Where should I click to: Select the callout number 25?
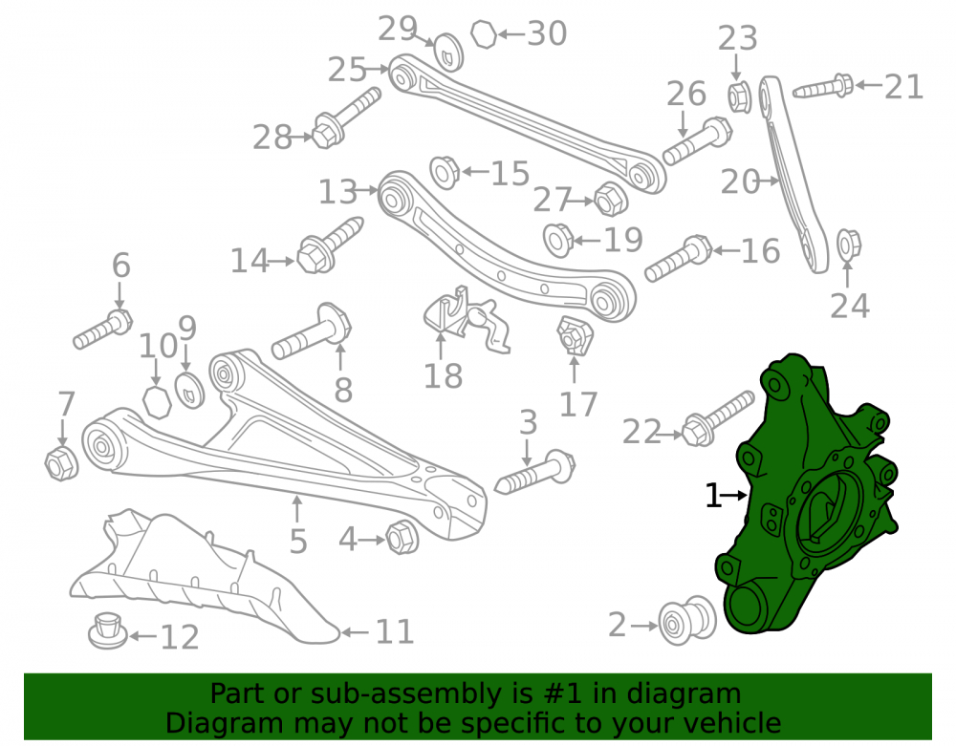[x=347, y=70]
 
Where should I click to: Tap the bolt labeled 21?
[x=823, y=87]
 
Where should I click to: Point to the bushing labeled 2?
[x=687, y=621]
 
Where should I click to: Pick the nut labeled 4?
[x=402, y=537]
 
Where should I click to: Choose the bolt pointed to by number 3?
[x=535, y=473]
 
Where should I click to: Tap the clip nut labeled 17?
[x=575, y=335]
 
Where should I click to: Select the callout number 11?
[x=395, y=631]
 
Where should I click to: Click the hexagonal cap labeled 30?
[x=484, y=34]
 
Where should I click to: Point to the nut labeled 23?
[x=739, y=96]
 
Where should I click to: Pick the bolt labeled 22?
[x=718, y=418]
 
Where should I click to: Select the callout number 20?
[x=740, y=182]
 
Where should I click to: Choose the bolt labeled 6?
[x=102, y=330]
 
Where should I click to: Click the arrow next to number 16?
[x=726, y=249]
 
